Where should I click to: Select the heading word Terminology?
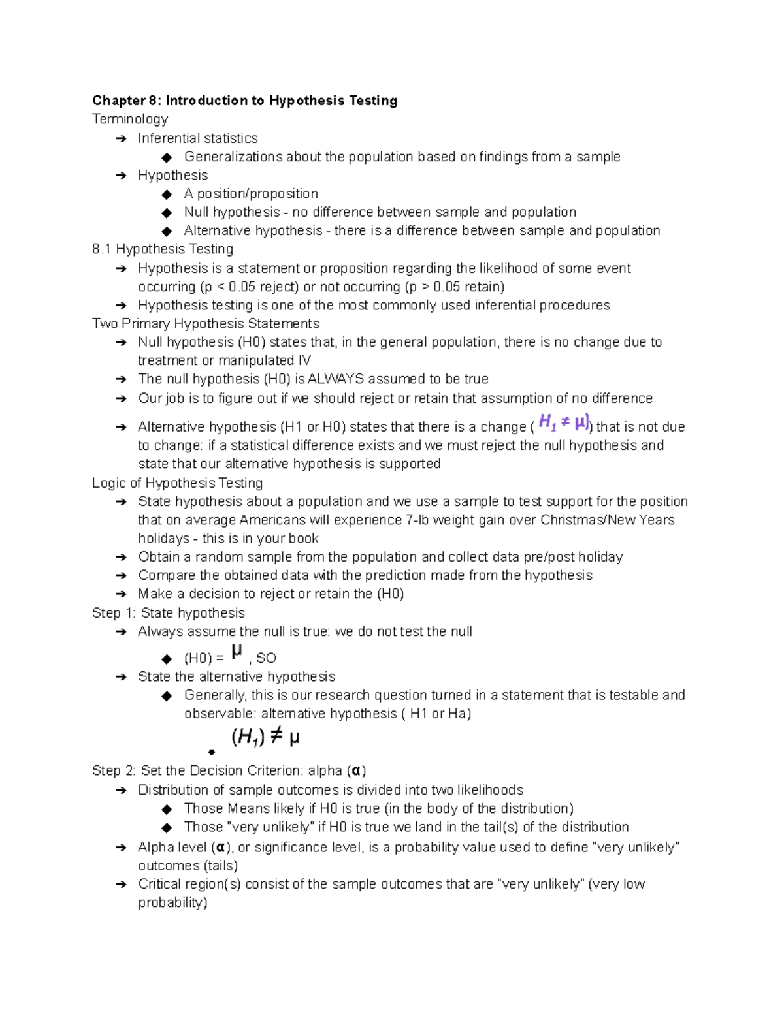pos(130,119)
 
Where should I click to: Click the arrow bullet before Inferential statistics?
pos(120,139)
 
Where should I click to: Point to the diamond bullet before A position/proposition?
pos(167,195)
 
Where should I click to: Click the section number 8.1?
pos(101,249)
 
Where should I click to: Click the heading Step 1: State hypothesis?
pos(169,613)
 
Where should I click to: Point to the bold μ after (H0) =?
pos(237,651)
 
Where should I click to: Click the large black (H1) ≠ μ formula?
pos(265,738)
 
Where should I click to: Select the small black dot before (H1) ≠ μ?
pos(212,752)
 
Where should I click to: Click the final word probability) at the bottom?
pos(172,903)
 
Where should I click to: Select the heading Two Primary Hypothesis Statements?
pos(206,324)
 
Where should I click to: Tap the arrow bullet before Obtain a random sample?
pos(120,558)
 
